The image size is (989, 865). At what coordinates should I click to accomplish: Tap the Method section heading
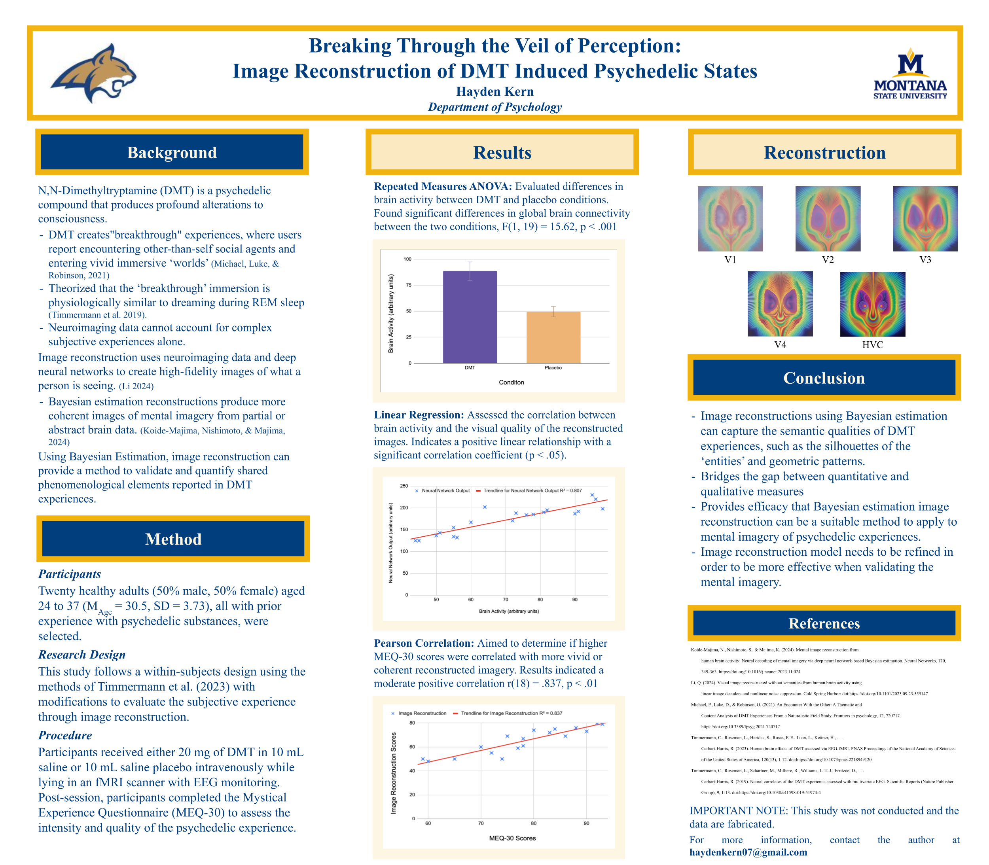coord(173,539)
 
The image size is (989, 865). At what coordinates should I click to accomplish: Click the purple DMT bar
coord(469,317)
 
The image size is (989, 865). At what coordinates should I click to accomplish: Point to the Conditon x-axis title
coord(511,382)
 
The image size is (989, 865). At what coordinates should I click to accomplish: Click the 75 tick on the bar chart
coord(408,285)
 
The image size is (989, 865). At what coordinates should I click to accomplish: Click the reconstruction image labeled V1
coord(730,219)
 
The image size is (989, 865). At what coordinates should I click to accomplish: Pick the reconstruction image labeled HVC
coord(872,304)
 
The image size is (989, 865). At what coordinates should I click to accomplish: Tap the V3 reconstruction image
coord(925,219)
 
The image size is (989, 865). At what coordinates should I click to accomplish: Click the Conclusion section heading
coord(824,378)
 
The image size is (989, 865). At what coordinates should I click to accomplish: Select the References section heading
coord(824,623)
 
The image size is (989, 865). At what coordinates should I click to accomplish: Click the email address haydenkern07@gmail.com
coord(748,852)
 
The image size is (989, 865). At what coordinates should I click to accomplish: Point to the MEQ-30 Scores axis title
coord(512,838)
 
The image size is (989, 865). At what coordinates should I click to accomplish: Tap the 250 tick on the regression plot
coord(404,486)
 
